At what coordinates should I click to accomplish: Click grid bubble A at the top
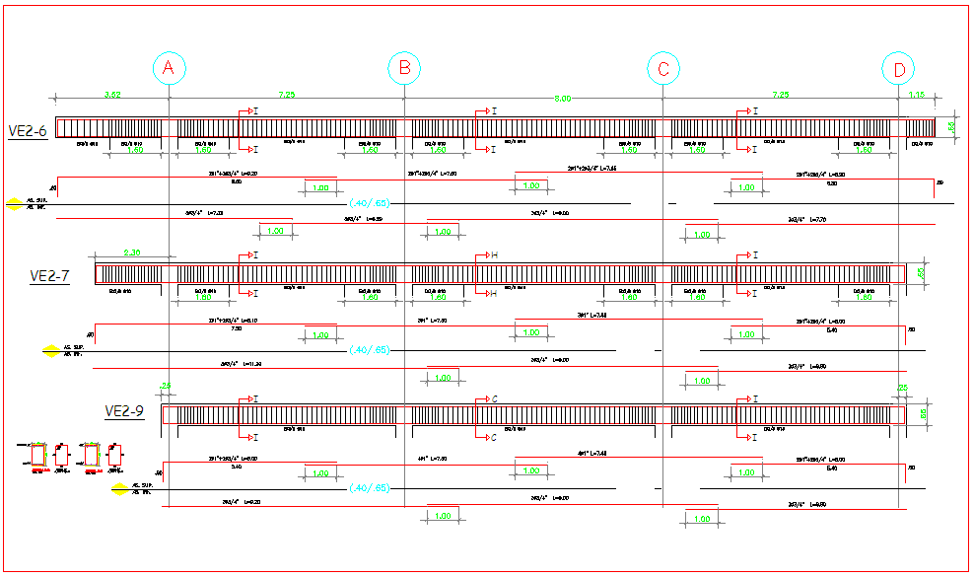[169, 68]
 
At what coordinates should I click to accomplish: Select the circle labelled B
[404, 68]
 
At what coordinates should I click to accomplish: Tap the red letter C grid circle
[663, 68]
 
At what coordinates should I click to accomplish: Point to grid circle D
[899, 68]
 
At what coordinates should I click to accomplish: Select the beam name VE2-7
[49, 276]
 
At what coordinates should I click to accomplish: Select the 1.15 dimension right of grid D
[917, 95]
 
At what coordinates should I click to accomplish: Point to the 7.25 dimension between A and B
[287, 95]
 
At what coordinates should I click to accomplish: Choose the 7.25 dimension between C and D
[780, 95]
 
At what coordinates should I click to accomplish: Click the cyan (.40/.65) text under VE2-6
[371, 203]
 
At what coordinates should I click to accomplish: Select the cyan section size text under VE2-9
[371, 487]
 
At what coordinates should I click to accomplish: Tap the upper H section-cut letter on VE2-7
[494, 255]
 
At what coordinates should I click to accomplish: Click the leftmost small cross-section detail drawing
[38, 455]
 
